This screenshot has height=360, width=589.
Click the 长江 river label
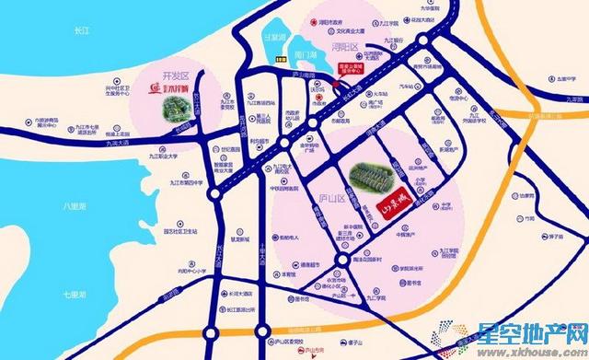pos(80,31)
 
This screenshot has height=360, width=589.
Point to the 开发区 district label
pos(149,76)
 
